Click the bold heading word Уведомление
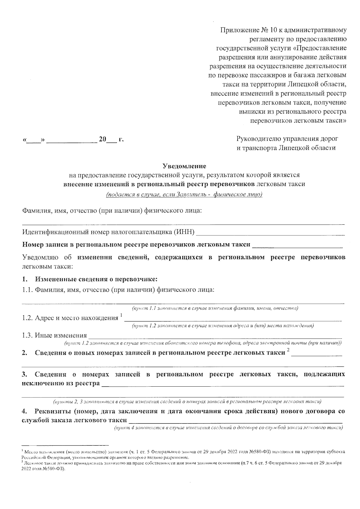pyautogui.click(x=184, y=166)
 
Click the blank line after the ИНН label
pyautogui.click(x=270, y=233)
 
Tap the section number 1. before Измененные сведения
pyautogui.click(x=25, y=279)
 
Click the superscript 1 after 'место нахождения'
pyautogui.click(x=121, y=315)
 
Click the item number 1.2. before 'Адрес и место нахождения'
pyautogui.click(x=28, y=318)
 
